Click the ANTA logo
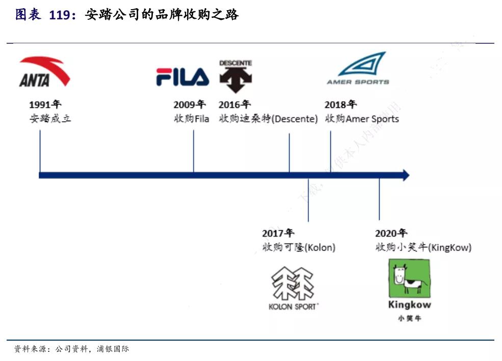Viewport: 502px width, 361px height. tap(44, 72)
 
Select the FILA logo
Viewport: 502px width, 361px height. tap(182, 76)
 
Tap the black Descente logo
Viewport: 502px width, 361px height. tap(235, 77)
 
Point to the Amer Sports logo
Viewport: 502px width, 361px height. tap(358, 68)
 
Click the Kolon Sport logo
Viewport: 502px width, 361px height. tap(294, 288)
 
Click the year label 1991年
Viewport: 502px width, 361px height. tap(45, 105)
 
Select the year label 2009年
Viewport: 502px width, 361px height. tap(189, 105)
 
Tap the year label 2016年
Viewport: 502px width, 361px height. tap(234, 105)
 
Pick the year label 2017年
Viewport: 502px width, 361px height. tap(278, 234)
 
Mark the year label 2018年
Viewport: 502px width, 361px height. tap(340, 105)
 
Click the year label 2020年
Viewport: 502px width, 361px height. tap(391, 234)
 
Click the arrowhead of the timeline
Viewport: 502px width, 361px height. tap(405, 175)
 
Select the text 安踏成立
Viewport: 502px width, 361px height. tap(50, 119)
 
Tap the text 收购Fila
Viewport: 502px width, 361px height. tap(192, 119)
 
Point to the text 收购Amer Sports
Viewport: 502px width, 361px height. tap(362, 119)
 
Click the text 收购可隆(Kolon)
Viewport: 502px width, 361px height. tap(299, 247)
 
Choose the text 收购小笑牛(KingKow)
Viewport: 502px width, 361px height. tap(423, 247)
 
